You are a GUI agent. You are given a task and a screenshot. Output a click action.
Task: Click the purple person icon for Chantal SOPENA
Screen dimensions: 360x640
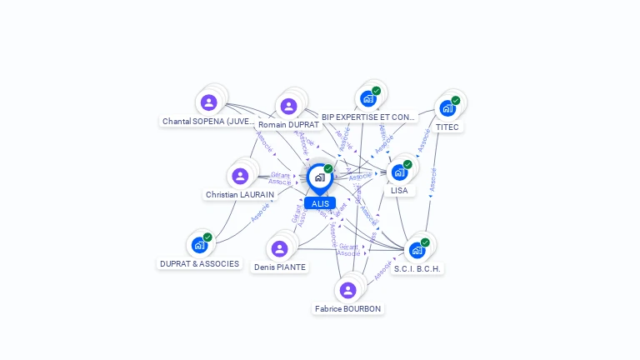(208, 102)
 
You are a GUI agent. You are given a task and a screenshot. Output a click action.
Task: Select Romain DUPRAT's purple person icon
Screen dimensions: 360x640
(288, 106)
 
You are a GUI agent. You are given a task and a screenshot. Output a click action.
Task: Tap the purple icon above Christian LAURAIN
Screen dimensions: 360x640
(240, 176)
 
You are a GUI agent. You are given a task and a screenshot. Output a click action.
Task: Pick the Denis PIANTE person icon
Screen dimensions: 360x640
(279, 248)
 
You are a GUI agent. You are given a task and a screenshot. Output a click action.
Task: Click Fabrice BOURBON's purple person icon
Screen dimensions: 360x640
(347, 290)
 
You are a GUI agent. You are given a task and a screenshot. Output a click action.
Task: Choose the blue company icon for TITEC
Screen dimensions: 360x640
(447, 108)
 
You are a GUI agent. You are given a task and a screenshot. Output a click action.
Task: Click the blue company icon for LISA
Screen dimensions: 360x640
(399, 172)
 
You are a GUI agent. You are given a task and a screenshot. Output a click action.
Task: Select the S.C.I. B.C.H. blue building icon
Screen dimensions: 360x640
(417, 250)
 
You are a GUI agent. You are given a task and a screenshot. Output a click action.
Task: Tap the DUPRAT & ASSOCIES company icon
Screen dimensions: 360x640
(199, 245)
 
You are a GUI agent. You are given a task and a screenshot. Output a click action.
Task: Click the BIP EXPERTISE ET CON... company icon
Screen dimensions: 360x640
(367, 99)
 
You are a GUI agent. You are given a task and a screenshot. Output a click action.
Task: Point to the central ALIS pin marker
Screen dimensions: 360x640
(319, 177)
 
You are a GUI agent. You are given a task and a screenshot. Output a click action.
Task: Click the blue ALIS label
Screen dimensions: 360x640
(320, 203)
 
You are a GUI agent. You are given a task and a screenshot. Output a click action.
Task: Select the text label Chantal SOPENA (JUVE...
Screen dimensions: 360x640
(208, 121)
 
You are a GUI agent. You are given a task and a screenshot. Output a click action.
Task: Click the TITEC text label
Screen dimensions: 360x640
(447, 127)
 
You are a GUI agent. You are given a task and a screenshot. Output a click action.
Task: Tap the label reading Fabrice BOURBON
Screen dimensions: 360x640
(347, 309)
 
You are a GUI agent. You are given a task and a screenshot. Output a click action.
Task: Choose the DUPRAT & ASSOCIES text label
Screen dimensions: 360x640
(199, 264)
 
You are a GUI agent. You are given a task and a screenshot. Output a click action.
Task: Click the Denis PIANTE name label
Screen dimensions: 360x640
(280, 267)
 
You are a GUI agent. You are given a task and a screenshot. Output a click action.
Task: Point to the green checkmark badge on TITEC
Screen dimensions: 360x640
(456, 100)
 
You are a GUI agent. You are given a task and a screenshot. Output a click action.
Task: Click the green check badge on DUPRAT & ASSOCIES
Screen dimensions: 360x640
(207, 237)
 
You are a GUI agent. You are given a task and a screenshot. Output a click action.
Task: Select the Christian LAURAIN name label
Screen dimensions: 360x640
(239, 195)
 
